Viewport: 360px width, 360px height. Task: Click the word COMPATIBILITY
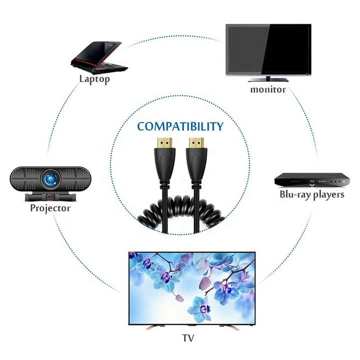point(180,126)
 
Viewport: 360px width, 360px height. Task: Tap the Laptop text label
point(94,79)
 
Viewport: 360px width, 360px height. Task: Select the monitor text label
point(268,89)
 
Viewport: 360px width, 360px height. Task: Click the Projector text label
point(50,208)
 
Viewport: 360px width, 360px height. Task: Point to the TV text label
point(188,338)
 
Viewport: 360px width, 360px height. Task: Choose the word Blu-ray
point(295,194)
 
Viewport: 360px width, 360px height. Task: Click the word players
point(329,195)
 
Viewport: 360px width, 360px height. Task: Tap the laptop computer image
point(99,57)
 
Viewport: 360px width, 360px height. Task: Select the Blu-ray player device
point(312,180)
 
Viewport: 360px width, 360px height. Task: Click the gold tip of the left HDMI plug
point(164,143)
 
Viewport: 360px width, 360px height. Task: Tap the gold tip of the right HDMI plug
point(196,143)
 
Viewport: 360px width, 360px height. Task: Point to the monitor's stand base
point(268,79)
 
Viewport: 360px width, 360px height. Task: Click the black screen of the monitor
point(268,49)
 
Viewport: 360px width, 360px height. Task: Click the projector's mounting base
point(50,197)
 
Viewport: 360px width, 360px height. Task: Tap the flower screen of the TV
point(192,288)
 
